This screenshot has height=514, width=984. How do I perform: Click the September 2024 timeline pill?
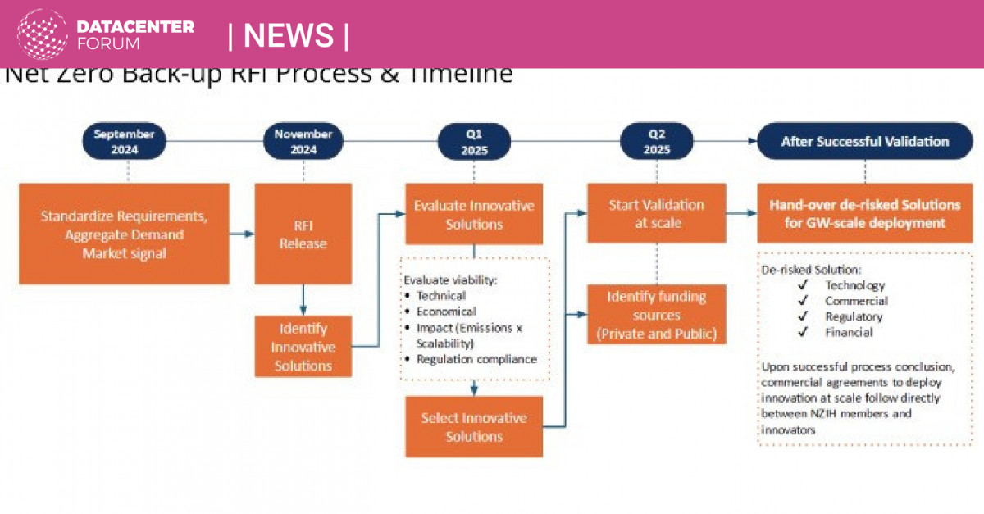click(127, 142)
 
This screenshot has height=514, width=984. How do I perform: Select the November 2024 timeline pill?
click(303, 142)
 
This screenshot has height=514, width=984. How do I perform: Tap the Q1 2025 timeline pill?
click(475, 142)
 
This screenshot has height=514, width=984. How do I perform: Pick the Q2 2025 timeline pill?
click(657, 142)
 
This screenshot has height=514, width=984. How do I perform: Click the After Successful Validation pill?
click(864, 142)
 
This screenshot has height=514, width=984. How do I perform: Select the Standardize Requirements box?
click(124, 234)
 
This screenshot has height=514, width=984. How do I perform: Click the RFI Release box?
click(303, 234)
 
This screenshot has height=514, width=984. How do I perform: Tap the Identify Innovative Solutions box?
click(303, 347)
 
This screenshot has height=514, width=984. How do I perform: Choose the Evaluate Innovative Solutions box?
click(474, 214)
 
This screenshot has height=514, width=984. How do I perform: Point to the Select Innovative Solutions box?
click(474, 427)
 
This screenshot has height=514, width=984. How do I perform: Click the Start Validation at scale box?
click(656, 213)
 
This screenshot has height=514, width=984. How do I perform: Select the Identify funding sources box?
click(656, 315)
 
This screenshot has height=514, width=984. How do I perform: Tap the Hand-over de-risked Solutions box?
click(864, 213)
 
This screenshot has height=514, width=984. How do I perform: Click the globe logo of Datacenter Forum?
click(43, 34)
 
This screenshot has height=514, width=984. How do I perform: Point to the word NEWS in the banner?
click(289, 35)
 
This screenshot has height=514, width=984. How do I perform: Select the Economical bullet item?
click(446, 312)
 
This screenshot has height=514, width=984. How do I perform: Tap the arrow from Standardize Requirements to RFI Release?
click(241, 234)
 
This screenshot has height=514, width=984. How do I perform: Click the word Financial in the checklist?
click(849, 332)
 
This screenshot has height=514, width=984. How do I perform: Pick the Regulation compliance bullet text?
click(476, 359)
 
